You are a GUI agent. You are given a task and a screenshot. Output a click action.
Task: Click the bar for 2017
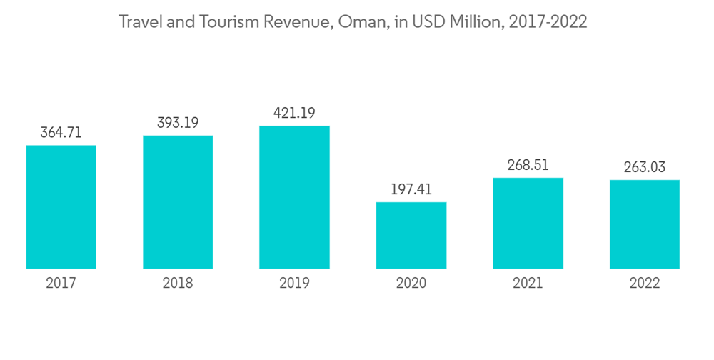[61, 207]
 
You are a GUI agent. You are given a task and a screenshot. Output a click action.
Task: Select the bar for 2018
[178, 202]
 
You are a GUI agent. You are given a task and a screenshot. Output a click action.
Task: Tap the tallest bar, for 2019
[294, 197]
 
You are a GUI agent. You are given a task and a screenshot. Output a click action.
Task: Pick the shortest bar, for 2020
[411, 236]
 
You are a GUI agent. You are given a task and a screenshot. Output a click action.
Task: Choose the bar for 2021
[528, 223]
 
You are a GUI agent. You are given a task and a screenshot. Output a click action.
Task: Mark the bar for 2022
[645, 224]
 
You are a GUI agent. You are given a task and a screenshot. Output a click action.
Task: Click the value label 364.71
[61, 132]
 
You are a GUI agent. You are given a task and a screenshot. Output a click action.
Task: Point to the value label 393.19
[178, 123]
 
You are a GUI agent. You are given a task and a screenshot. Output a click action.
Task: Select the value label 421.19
[294, 113]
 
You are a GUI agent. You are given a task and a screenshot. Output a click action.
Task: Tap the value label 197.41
[411, 189]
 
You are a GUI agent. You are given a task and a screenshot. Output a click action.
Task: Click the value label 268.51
[528, 165]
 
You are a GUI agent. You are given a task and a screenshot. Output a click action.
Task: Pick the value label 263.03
[645, 167]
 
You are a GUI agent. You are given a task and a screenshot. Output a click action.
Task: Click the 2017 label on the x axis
[61, 284]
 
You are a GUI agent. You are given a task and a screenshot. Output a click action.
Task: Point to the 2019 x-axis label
[294, 284]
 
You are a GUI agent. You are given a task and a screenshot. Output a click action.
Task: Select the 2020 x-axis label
[411, 284]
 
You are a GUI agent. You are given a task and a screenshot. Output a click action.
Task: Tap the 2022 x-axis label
[645, 284]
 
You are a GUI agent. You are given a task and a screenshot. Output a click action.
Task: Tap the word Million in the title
[476, 22]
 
